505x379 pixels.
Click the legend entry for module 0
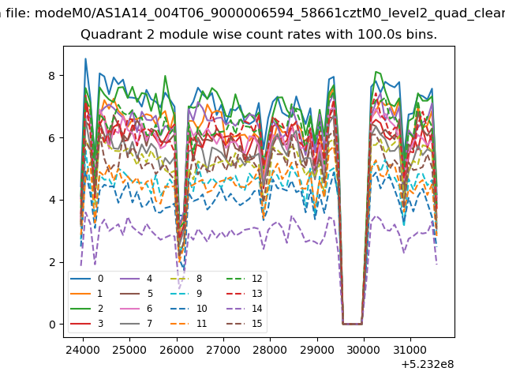point(87,279)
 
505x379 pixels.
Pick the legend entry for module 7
point(136,323)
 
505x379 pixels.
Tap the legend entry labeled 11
point(189,323)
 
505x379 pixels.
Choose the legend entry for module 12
point(244,279)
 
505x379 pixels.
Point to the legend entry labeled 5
point(136,293)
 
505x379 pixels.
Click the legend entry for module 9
point(186,293)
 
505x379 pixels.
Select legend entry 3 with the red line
point(87,323)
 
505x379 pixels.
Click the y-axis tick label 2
point(52,262)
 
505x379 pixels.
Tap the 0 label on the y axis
point(52,325)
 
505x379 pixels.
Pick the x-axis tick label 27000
point(223,350)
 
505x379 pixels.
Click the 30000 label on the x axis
point(364,350)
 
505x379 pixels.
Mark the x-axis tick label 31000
point(410,350)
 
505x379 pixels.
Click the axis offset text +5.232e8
point(428,364)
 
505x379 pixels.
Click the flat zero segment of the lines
point(353,324)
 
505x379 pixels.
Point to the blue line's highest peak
point(85,58)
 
